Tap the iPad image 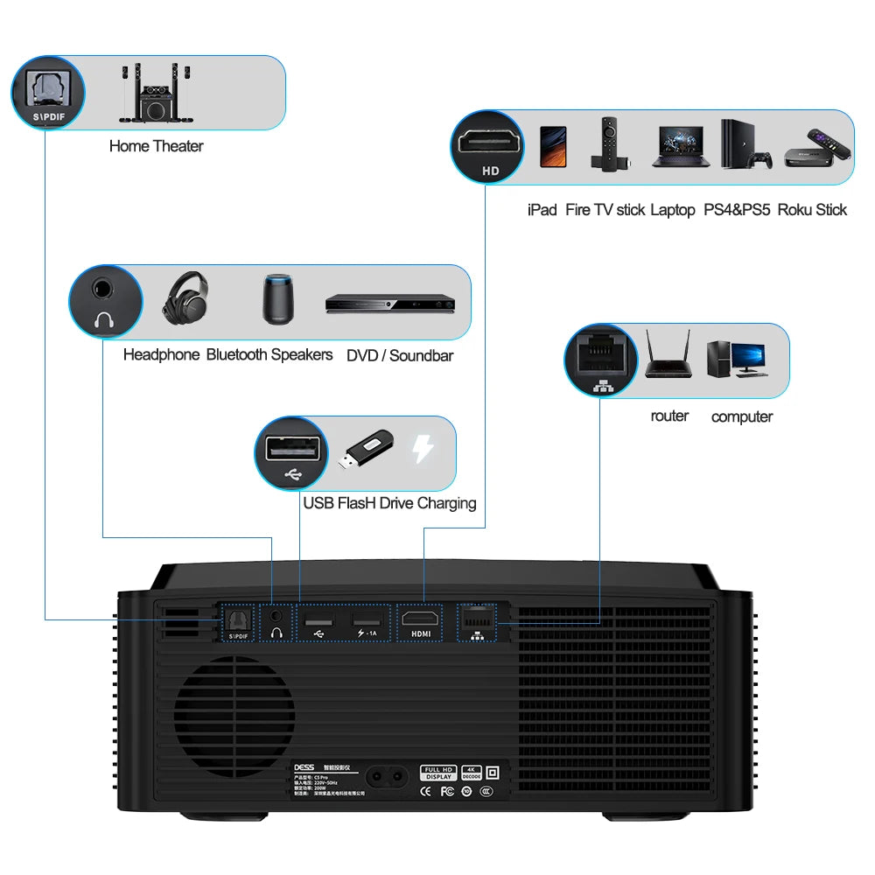pos(553,145)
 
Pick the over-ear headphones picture pos(185,298)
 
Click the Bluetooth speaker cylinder pos(280,299)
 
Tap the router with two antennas pos(668,355)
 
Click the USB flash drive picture pos(367,451)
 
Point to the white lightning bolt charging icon pos(423,450)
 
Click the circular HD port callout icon pos(490,148)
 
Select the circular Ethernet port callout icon pos(602,360)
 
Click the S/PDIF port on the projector pos(237,621)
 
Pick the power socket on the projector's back pos(390,778)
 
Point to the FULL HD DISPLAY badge pos(437,773)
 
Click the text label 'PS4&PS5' pos(737,210)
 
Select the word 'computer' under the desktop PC pos(741,416)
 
